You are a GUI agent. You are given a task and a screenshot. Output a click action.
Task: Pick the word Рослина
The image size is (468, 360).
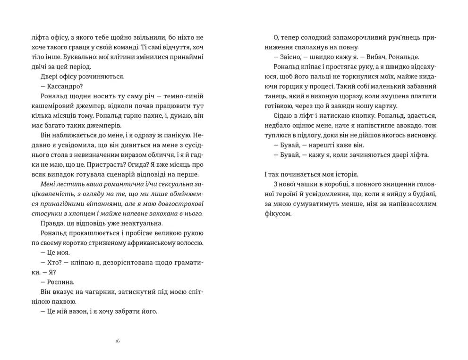pyautogui.click(x=55, y=282)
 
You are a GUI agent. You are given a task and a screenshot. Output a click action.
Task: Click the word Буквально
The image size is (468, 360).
pyautogui.click(x=49, y=57)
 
